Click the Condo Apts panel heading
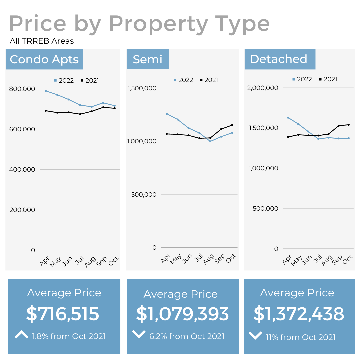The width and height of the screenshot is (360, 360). coord(44,59)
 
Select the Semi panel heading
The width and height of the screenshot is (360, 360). coord(147,59)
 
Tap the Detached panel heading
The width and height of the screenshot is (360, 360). coord(279,59)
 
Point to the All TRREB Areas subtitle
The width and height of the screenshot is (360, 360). coord(42,41)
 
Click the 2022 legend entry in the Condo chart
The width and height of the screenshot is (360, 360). coord(64,80)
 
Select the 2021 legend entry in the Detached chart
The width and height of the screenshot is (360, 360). coord(328,79)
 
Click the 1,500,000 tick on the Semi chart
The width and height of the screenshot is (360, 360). coord(142,88)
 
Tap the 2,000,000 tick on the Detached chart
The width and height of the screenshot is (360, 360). coord(263,88)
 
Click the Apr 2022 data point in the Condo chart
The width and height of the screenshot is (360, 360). coord(46,91)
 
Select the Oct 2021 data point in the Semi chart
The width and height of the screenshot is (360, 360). coord(232,125)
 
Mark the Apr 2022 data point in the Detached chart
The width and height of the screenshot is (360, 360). coord(288,118)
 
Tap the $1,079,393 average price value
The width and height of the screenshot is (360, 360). coord(182,314)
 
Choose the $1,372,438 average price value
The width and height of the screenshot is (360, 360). coord(299,314)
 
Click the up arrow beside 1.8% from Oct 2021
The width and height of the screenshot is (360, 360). coord(22,335)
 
